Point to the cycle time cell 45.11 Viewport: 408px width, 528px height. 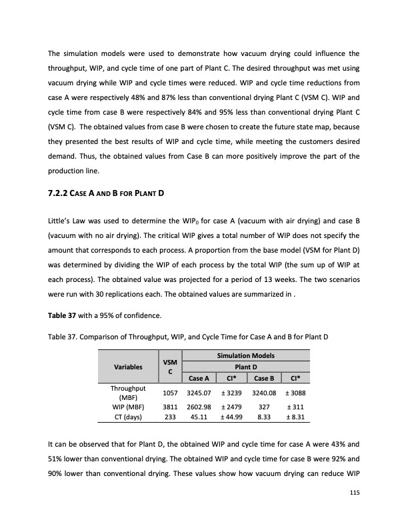[199, 416]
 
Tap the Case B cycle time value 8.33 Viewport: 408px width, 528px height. [265, 416]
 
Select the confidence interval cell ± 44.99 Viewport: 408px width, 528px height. [233, 416]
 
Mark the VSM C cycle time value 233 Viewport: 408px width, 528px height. [170, 416]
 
